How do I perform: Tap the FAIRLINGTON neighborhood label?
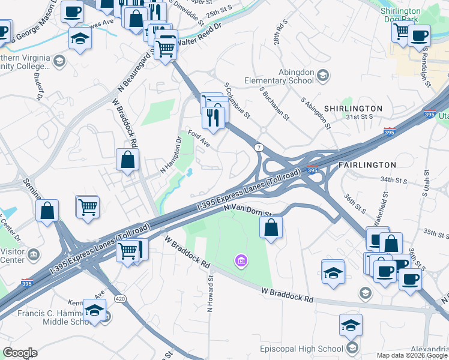tap(367, 164)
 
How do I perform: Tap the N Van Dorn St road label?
tap(248, 210)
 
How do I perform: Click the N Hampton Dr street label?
tap(171, 157)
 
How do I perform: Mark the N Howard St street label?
tap(211, 294)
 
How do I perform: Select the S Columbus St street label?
tap(237, 100)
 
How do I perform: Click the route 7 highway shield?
tap(259, 147)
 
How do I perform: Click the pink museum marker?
tap(241, 261)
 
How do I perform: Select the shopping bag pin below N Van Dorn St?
tap(271, 227)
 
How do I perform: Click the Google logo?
tap(20, 353)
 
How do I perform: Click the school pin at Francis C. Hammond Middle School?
tap(94, 310)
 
